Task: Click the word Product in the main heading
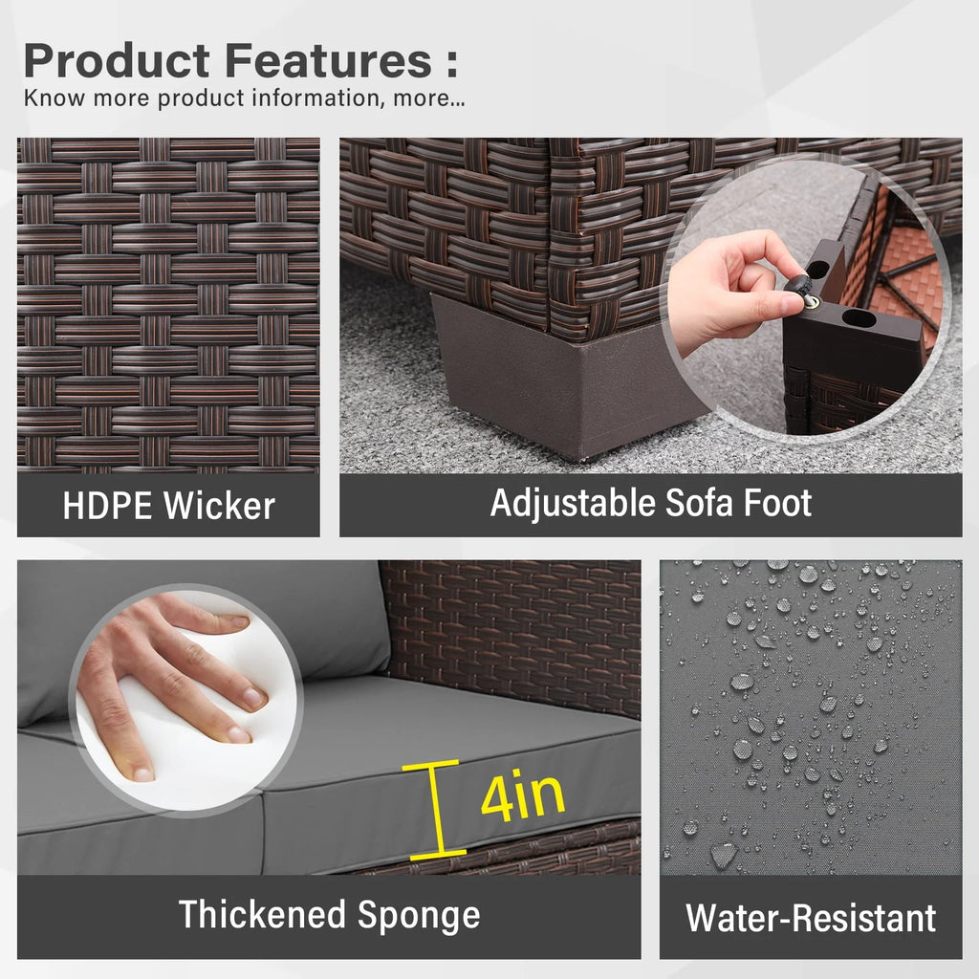[116, 60]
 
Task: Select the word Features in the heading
[329, 60]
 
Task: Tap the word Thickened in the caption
[262, 914]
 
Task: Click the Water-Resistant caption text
[811, 918]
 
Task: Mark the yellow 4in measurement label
[523, 797]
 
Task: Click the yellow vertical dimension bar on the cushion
[436, 810]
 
